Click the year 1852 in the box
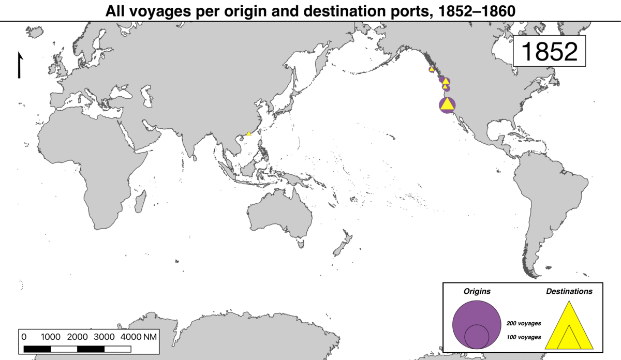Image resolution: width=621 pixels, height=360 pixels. click(x=549, y=51)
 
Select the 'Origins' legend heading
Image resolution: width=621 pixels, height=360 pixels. click(x=476, y=292)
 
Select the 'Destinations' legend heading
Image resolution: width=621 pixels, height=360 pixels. click(x=569, y=292)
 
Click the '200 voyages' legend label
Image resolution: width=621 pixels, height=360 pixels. click(x=525, y=323)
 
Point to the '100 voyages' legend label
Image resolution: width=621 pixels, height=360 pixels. click(x=525, y=337)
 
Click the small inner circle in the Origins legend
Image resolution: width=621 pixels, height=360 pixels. click(x=477, y=336)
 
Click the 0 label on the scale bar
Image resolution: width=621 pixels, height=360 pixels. click(x=24, y=337)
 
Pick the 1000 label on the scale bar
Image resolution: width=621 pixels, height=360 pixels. click(x=51, y=337)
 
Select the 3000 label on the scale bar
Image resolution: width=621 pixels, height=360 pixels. click(x=105, y=337)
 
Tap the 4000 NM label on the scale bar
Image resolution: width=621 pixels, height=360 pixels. click(x=138, y=337)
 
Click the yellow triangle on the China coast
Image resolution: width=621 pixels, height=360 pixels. click(x=248, y=133)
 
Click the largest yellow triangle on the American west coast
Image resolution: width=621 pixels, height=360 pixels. click(x=447, y=104)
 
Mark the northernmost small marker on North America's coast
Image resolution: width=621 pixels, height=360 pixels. click(x=431, y=69)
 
